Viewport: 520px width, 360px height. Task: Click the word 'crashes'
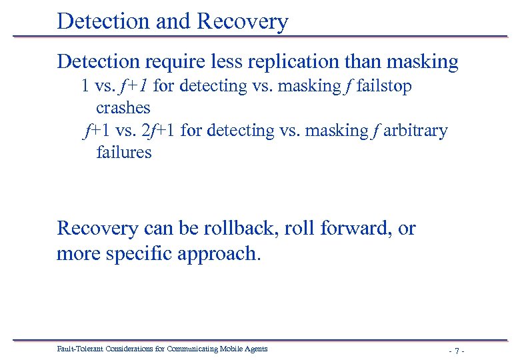click(123, 107)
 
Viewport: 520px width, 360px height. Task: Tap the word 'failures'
click(124, 152)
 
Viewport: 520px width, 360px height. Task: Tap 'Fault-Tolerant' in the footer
click(77, 348)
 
